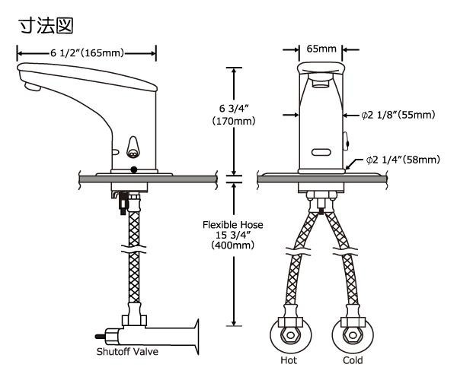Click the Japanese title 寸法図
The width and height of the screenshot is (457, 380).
point(46,26)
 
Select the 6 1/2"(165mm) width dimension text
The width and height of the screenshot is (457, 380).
point(87,53)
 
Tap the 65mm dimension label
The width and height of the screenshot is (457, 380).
point(321,49)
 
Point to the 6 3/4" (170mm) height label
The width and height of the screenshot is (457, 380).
point(234,115)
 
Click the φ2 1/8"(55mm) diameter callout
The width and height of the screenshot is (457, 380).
point(398,115)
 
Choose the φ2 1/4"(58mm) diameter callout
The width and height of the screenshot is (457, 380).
point(403,160)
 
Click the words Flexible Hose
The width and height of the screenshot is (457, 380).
point(233,225)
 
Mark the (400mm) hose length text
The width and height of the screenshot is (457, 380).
point(233,245)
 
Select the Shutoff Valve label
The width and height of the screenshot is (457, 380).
point(127,352)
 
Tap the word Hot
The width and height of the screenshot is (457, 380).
point(289,360)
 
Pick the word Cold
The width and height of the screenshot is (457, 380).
point(353,360)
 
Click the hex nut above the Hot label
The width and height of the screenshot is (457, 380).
point(291,335)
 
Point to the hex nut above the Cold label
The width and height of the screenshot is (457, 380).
point(353,335)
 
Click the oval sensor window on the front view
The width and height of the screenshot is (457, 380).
point(321,152)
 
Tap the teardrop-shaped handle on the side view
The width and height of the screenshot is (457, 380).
point(133,147)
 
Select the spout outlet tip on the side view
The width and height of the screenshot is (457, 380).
point(32,87)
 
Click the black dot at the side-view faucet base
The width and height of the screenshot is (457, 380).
point(134,169)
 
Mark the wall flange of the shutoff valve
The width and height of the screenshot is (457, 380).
point(197,337)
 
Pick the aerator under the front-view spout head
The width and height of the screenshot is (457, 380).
point(321,81)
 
